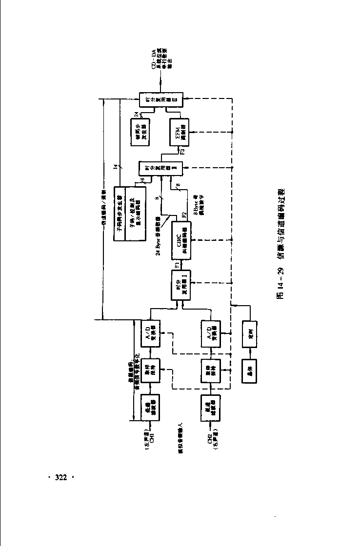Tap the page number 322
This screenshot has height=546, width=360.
(x=60, y=477)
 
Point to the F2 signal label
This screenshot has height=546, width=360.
(x=184, y=215)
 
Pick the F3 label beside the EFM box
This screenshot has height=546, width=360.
(x=181, y=151)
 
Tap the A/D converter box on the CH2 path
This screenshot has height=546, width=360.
(x=209, y=333)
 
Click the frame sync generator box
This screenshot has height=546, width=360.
(x=142, y=132)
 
